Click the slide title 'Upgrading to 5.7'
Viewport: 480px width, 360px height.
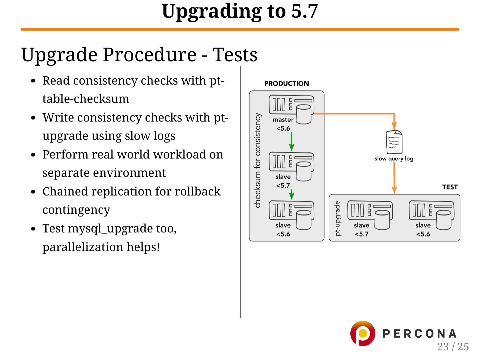pos(240,11)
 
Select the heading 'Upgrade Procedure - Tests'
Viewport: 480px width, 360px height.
pos(139,55)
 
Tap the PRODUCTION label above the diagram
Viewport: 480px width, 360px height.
pos(286,84)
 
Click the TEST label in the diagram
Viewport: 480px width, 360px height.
pos(450,187)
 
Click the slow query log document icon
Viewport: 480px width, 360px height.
pos(394,142)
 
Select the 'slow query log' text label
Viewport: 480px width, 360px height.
pos(394,159)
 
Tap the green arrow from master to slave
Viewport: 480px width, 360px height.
pos(292,142)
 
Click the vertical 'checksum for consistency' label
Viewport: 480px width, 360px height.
pos(257,160)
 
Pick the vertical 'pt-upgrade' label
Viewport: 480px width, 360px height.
pos(338,218)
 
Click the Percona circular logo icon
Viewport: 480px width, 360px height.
pos(362,333)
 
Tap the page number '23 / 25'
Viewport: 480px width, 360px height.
pos(453,347)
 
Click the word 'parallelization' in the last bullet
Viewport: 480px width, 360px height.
pos(83,247)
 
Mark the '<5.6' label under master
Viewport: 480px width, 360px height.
pos(283,129)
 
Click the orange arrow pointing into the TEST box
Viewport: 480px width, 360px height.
pos(394,181)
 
